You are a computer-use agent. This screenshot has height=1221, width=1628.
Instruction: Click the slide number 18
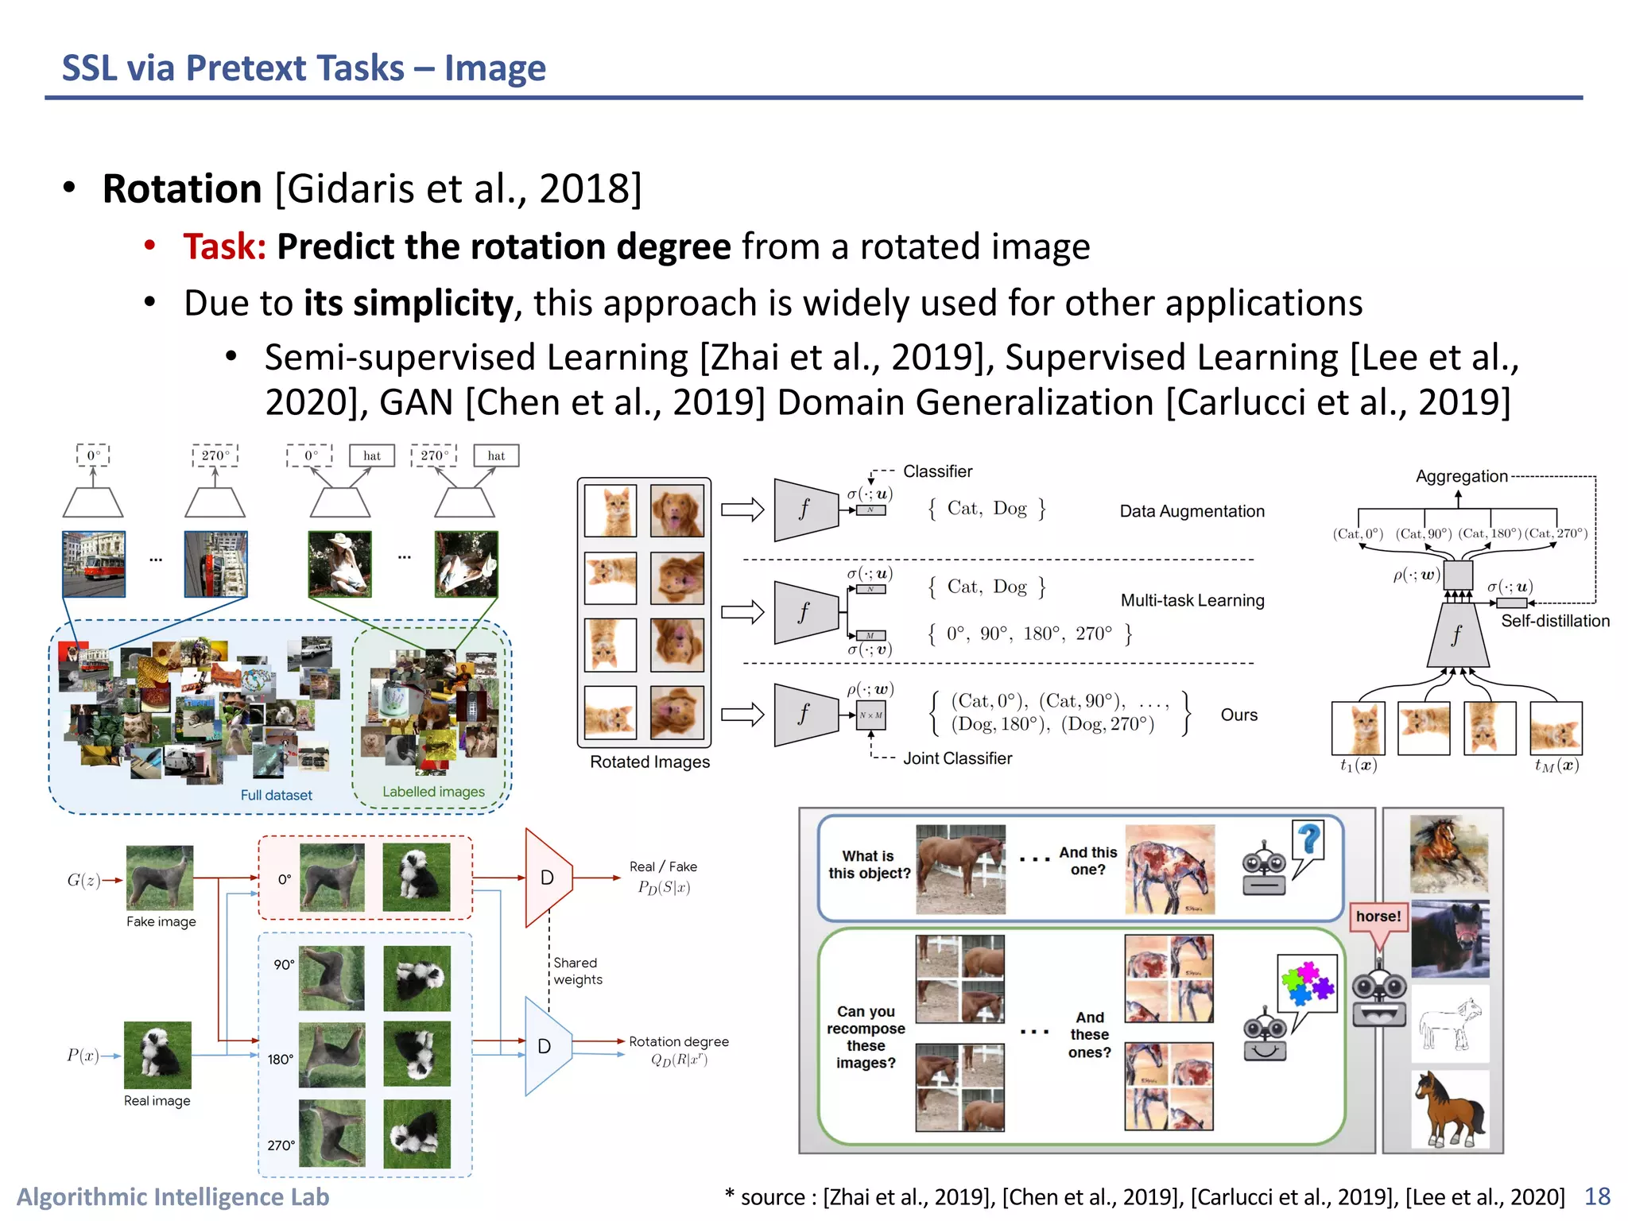(x=1597, y=1196)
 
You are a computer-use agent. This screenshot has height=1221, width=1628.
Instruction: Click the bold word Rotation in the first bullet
(x=182, y=189)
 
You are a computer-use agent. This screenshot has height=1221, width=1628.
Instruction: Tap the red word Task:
(x=224, y=246)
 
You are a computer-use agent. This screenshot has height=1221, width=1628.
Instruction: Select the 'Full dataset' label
(x=276, y=795)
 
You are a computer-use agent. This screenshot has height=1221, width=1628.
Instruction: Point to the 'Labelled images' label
(x=433, y=792)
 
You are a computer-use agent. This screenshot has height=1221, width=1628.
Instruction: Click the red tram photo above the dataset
(x=94, y=564)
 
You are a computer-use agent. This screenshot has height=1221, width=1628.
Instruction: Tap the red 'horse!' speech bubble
(x=1378, y=917)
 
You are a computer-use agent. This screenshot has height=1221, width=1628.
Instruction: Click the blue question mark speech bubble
(x=1308, y=841)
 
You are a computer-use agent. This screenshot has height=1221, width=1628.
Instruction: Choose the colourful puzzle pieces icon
(x=1306, y=983)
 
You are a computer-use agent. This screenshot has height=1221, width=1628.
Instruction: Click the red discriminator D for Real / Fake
(x=548, y=878)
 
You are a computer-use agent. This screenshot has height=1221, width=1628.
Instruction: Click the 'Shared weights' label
(x=577, y=971)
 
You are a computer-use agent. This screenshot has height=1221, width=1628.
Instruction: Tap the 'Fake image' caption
(x=161, y=921)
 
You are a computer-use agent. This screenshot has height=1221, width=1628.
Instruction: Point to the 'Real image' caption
(x=157, y=1101)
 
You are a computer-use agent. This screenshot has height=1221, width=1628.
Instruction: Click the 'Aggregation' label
(x=1461, y=476)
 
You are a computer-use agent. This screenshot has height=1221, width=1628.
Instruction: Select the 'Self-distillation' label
(x=1555, y=621)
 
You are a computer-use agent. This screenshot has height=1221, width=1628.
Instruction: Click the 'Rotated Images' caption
(x=649, y=762)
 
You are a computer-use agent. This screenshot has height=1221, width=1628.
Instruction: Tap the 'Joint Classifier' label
(x=957, y=758)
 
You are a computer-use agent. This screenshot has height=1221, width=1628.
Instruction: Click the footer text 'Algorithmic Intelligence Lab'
(x=172, y=1197)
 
